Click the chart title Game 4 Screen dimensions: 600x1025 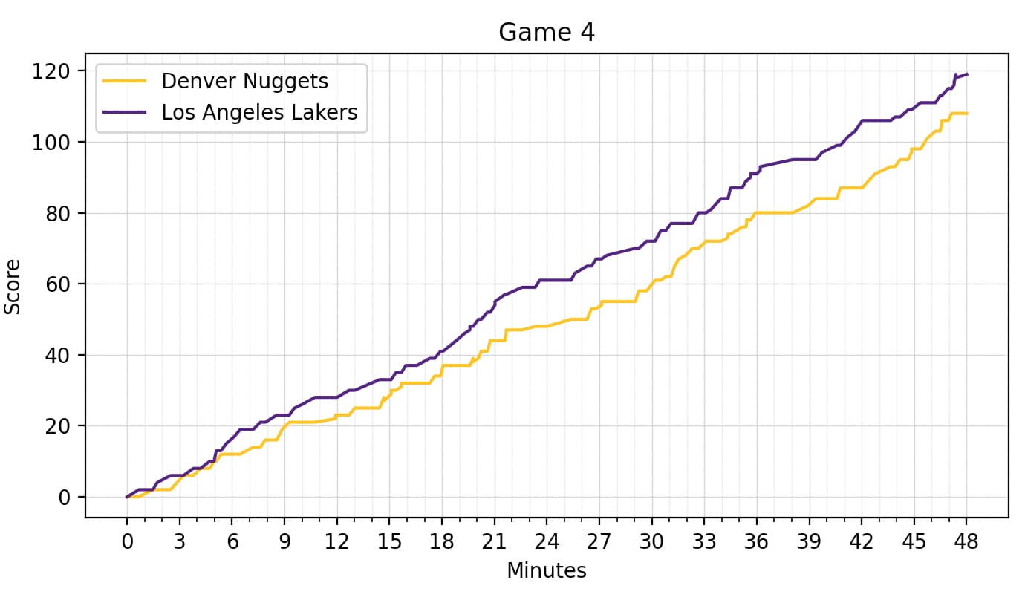(547, 33)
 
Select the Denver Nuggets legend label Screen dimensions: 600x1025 (244, 80)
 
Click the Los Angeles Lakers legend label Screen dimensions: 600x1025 (259, 112)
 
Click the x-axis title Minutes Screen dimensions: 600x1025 (547, 570)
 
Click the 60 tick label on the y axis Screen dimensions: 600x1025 (58, 284)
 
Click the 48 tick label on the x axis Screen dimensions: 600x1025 (967, 541)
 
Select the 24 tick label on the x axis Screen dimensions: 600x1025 (547, 541)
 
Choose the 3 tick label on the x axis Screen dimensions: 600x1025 (179, 541)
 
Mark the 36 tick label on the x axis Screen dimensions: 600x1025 (757, 541)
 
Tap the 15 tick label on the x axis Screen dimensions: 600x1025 (389, 541)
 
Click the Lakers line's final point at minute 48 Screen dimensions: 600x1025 (967, 74)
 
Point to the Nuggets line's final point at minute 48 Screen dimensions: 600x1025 (967, 114)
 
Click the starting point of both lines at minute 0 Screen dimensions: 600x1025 (127, 497)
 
